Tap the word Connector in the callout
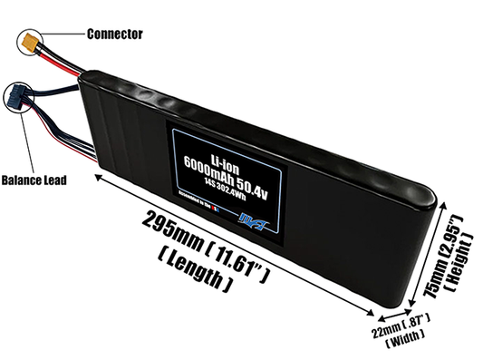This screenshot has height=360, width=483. coord(114,34)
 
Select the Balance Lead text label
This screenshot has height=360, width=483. coord(33,180)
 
